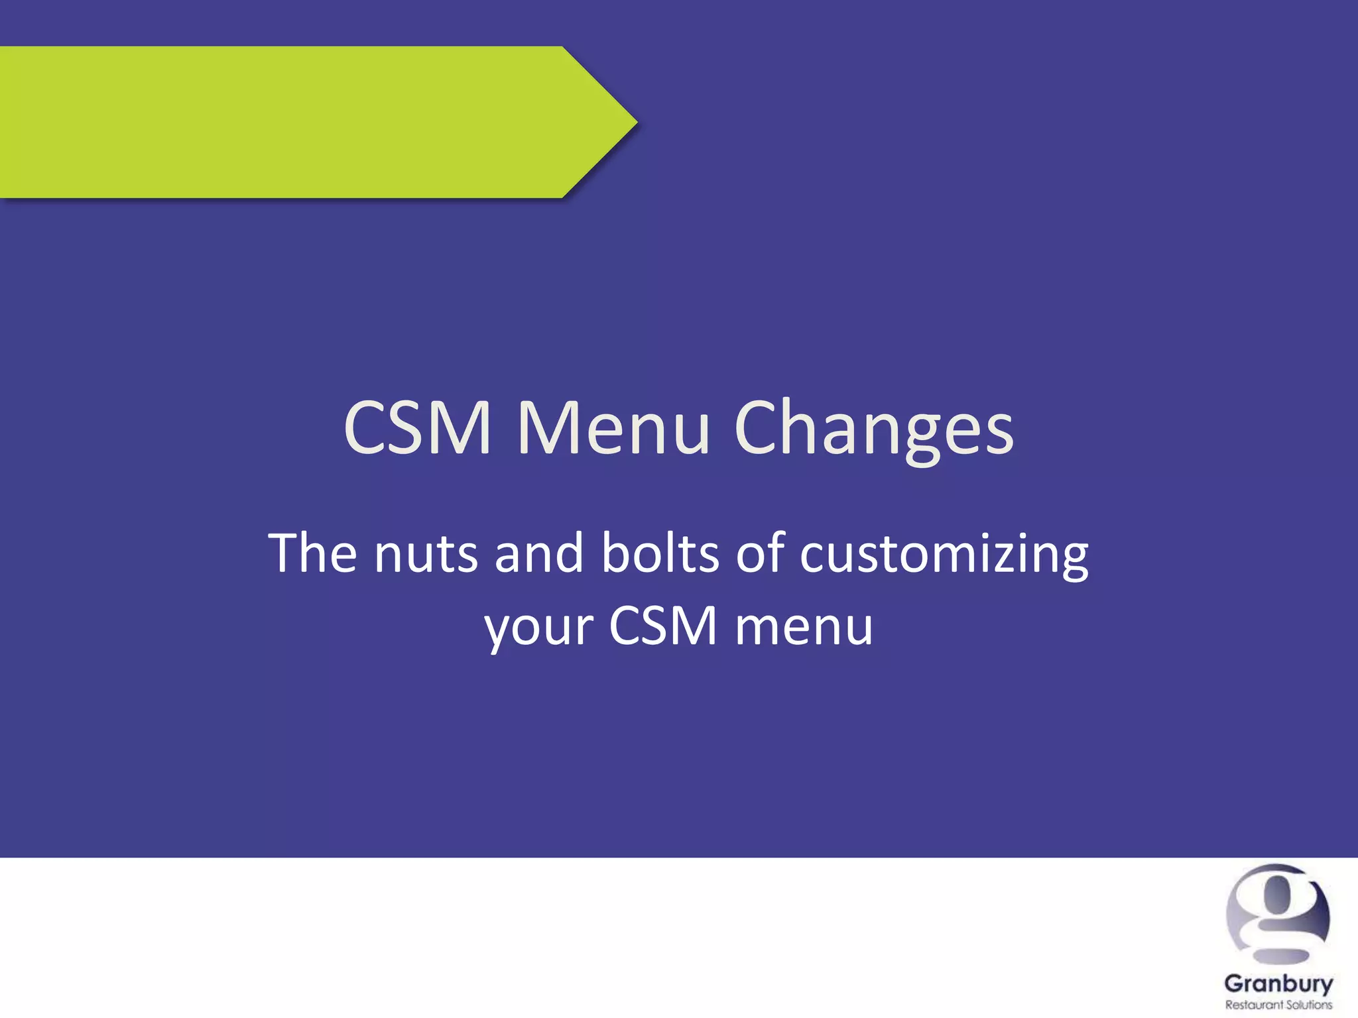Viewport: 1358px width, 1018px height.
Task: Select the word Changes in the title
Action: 874,429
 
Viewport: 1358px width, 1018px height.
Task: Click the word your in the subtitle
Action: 539,627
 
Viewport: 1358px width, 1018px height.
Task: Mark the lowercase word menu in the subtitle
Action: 804,627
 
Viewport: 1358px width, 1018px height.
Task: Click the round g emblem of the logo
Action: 1278,915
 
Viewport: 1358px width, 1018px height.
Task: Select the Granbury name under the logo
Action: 1278,984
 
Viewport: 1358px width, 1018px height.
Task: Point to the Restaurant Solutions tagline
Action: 1278,1005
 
